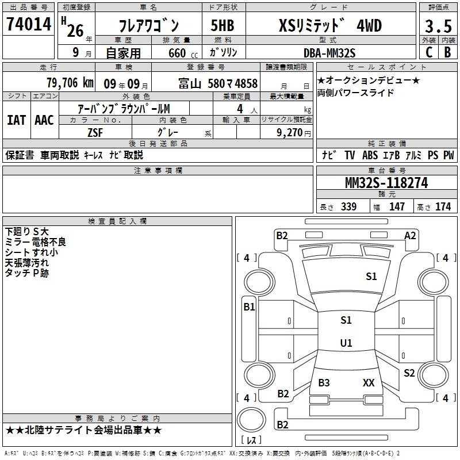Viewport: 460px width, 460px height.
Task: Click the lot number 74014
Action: click(x=29, y=24)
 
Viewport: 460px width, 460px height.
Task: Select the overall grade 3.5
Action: click(x=438, y=26)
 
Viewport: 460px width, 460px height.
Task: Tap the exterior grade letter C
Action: click(x=428, y=52)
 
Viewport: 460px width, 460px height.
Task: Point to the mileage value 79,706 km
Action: click(x=70, y=83)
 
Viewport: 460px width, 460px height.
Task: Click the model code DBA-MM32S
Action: click(x=329, y=53)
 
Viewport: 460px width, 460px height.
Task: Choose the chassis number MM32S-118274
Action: click(x=386, y=183)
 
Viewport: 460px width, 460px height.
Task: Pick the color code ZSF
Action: click(x=95, y=133)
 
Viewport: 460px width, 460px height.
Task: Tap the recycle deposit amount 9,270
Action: click(x=290, y=133)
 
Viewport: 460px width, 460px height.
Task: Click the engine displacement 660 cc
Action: click(x=183, y=53)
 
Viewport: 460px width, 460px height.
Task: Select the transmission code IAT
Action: click(x=16, y=120)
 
